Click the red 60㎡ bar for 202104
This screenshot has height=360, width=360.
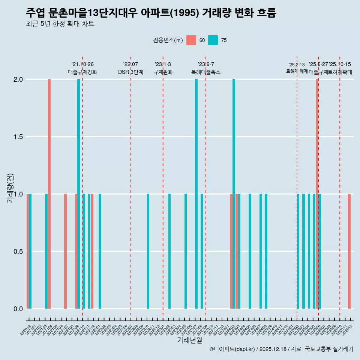click(x=49, y=194)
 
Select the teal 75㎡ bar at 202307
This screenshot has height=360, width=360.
click(x=196, y=194)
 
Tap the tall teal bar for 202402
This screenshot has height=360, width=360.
click(x=234, y=194)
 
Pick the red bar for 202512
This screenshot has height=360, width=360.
click(x=349, y=251)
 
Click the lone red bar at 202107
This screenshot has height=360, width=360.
click(x=65, y=251)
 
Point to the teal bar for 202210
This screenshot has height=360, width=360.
click(x=148, y=251)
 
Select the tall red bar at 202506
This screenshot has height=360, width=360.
click(x=316, y=194)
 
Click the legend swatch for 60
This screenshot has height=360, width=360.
click(x=191, y=40)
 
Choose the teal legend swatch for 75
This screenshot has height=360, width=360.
click(x=213, y=40)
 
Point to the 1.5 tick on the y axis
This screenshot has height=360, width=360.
click(x=18, y=137)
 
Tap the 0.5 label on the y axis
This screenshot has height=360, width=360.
click(x=18, y=252)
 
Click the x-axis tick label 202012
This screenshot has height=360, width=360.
click(x=25, y=331)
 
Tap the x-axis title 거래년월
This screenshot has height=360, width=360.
click(x=189, y=340)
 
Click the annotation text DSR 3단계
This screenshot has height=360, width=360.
click(x=130, y=72)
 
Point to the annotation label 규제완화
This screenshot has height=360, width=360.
click(x=163, y=72)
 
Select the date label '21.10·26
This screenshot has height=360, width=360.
click(x=82, y=64)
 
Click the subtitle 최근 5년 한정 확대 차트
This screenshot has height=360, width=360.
click(x=60, y=24)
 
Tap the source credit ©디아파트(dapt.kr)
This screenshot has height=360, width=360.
click(x=232, y=349)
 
